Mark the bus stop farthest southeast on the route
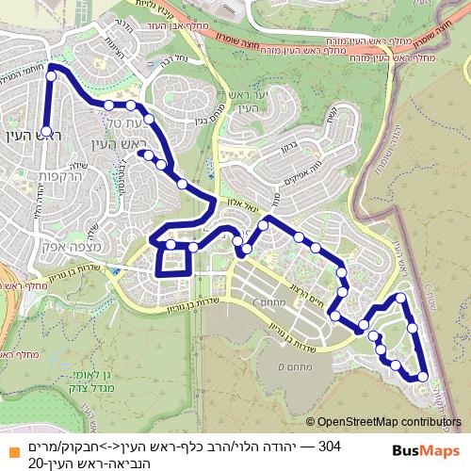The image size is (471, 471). (422, 377)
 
